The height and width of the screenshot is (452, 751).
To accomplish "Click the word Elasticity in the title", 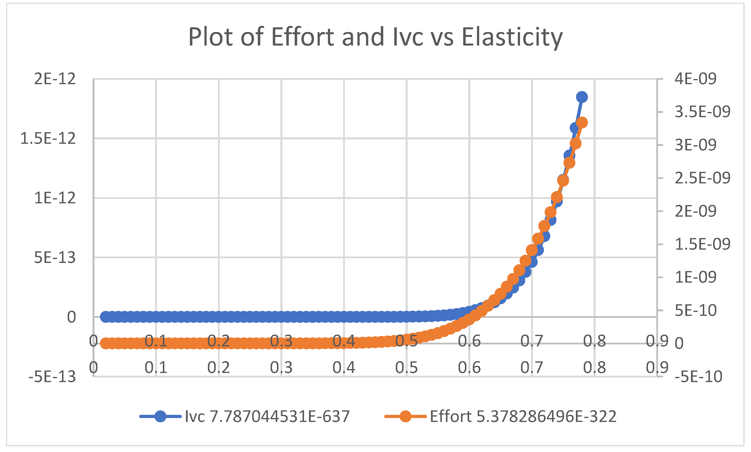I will pos(512,37).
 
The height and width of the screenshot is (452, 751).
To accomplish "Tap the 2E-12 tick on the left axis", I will pos(55,79).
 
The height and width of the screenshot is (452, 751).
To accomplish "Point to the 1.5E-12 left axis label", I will pos(48,139).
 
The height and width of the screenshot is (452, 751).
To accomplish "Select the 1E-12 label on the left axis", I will pos(55,198).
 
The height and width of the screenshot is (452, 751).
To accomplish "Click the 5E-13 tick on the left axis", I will pos(55,258).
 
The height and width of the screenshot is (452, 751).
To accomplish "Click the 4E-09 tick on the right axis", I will pos(695,79).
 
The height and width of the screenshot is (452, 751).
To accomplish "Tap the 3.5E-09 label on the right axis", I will pos(702,112).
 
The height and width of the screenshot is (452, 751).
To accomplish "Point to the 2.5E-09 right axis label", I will pos(702,178).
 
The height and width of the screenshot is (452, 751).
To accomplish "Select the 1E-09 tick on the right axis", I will pos(695,277).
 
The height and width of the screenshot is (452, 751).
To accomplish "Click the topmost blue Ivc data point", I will pos(582,97).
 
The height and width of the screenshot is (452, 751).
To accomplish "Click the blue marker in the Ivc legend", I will pos(160,416).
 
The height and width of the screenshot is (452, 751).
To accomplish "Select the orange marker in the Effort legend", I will pos(405,416).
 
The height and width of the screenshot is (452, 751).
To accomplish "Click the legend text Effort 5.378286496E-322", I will pos(523,416).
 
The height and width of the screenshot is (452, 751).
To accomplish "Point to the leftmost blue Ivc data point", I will pos(106,317).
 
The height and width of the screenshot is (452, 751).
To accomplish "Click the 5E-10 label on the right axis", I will pos(695,311).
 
